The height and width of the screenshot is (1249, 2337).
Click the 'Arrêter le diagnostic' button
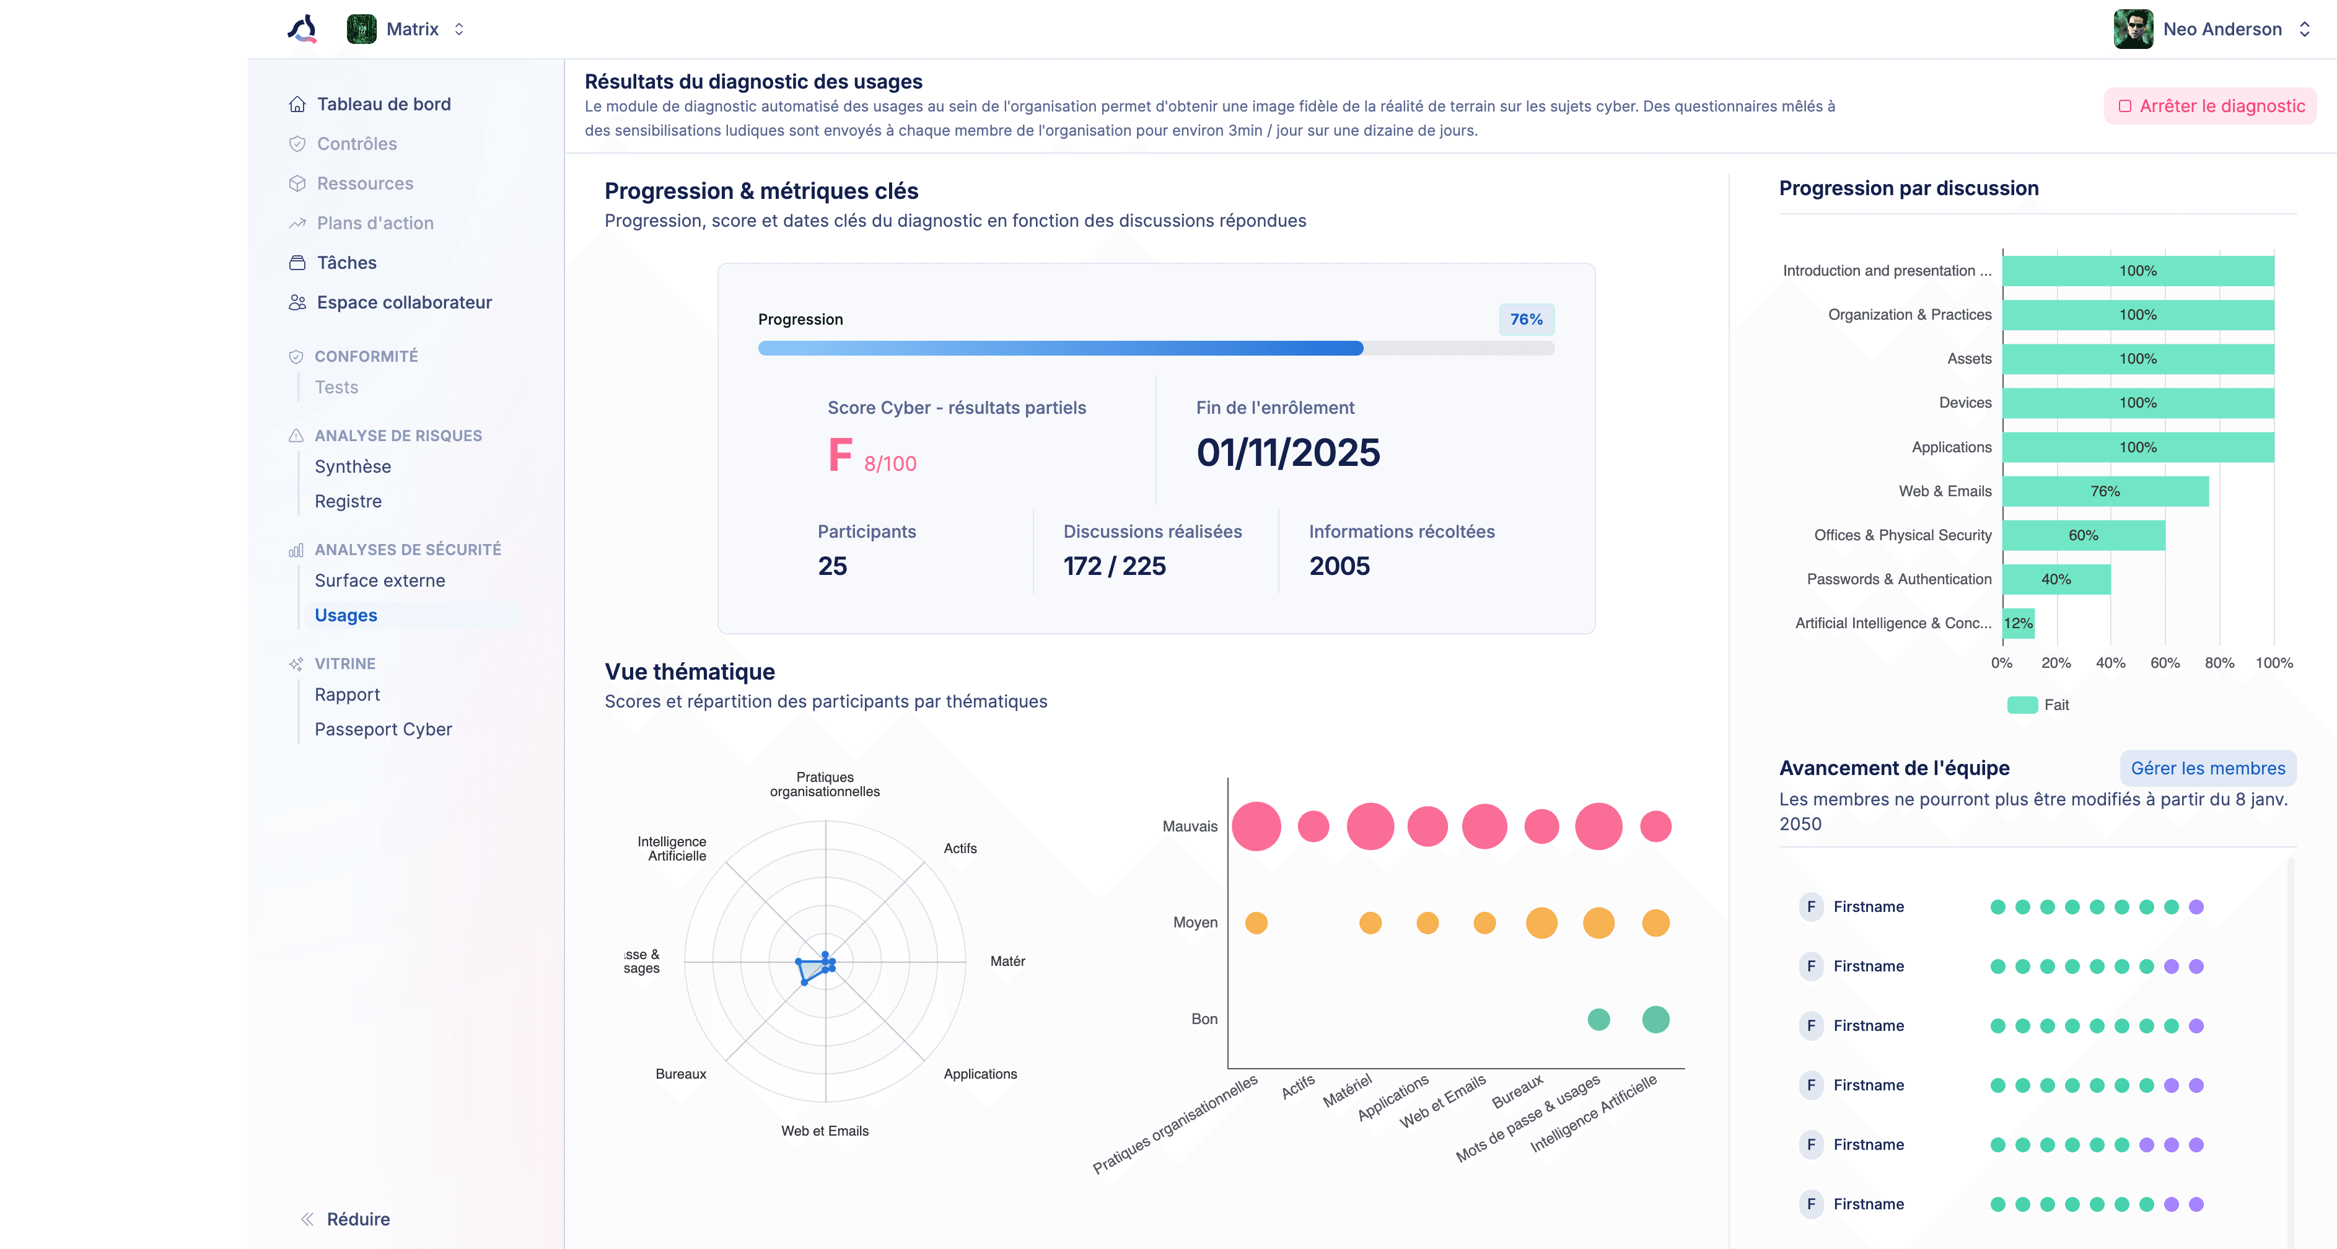pos(2210,106)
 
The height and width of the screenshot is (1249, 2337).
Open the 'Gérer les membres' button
pos(2208,768)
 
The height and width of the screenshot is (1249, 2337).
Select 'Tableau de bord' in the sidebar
pos(383,104)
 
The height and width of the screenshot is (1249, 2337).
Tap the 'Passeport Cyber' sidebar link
pos(383,729)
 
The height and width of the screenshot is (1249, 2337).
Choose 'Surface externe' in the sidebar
pos(379,581)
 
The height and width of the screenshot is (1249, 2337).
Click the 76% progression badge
pos(1526,319)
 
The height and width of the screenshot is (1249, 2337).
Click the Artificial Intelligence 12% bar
pos(2019,623)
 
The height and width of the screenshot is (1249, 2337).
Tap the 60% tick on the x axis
pos(2165,663)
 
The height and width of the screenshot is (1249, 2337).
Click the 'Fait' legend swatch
pos(2022,705)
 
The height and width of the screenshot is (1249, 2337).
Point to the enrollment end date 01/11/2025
pos(1288,453)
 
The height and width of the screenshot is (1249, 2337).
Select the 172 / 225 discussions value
pos(1114,566)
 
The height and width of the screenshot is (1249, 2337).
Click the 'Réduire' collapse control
pos(357,1219)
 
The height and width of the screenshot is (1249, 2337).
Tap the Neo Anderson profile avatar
pos(2133,29)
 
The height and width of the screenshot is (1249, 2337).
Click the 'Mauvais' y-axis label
pos(1190,826)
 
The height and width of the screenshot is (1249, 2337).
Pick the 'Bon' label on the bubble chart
pos(1204,1019)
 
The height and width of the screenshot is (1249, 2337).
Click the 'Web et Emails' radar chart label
pos(825,1131)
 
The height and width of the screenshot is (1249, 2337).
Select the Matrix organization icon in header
pos(361,29)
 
